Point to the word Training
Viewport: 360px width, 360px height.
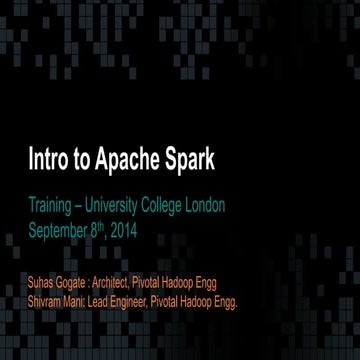[51, 206]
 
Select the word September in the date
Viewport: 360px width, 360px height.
[61, 228]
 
